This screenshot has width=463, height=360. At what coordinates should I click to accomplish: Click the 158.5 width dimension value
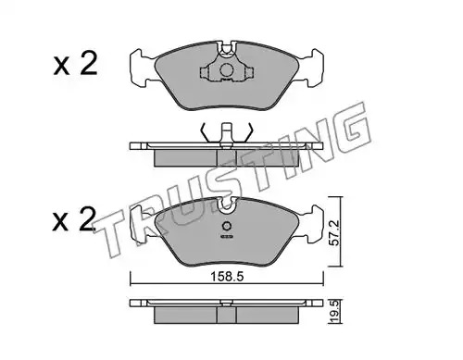point(227,277)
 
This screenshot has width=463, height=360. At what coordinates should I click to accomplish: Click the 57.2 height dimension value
point(334,232)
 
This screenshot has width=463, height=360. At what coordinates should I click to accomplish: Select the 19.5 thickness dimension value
point(335,312)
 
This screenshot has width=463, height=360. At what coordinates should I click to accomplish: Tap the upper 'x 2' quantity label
point(75,64)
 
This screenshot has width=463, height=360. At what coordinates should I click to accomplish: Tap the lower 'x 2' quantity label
point(74,219)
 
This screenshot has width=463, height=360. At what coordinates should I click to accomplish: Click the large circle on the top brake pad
point(227,70)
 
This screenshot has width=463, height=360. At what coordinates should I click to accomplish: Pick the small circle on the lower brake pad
point(227,226)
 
